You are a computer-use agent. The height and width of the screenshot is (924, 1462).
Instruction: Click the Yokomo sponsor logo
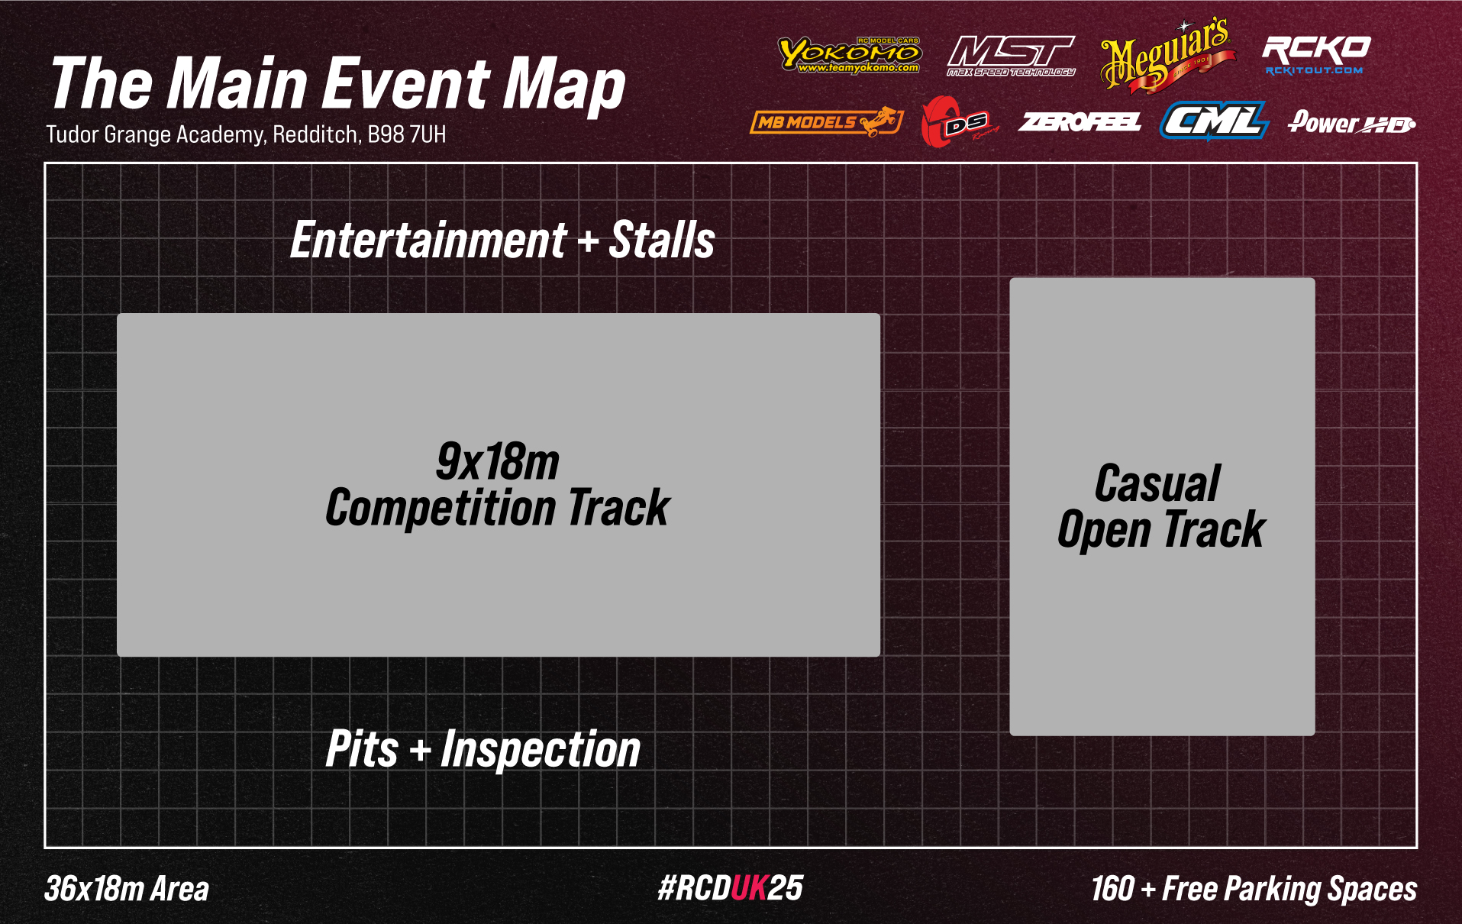coord(850,54)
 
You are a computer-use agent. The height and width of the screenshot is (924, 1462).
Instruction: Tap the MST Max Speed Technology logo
coord(1011,57)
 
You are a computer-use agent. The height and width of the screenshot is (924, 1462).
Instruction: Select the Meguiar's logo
coord(1167,56)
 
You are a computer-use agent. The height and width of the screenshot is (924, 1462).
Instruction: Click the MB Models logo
coord(827,121)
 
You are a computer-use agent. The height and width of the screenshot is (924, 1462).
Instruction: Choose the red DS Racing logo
coord(959,122)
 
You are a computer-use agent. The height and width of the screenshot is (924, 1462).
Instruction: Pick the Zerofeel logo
coord(1080,122)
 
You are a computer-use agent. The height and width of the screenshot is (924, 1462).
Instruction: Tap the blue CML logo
coord(1214,121)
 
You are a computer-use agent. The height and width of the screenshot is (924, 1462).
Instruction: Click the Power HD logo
coord(1351,122)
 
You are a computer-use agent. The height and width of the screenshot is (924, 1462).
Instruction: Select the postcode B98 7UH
coord(407,134)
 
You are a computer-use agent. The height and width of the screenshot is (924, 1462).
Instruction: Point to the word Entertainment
coord(429,240)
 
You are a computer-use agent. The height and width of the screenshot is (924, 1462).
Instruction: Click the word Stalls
coord(662,240)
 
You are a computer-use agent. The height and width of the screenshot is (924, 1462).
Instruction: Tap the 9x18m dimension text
coord(498,462)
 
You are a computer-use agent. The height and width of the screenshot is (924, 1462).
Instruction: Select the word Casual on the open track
coord(1157,483)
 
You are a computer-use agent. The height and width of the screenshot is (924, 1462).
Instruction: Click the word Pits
coord(362,748)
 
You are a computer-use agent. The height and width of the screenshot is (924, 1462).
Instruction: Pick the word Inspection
coord(541,750)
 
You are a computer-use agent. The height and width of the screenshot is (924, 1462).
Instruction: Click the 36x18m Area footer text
coord(127,889)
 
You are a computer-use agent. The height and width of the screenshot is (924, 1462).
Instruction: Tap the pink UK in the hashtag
coord(749,888)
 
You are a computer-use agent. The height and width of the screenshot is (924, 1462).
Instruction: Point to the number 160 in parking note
coord(1112,889)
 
